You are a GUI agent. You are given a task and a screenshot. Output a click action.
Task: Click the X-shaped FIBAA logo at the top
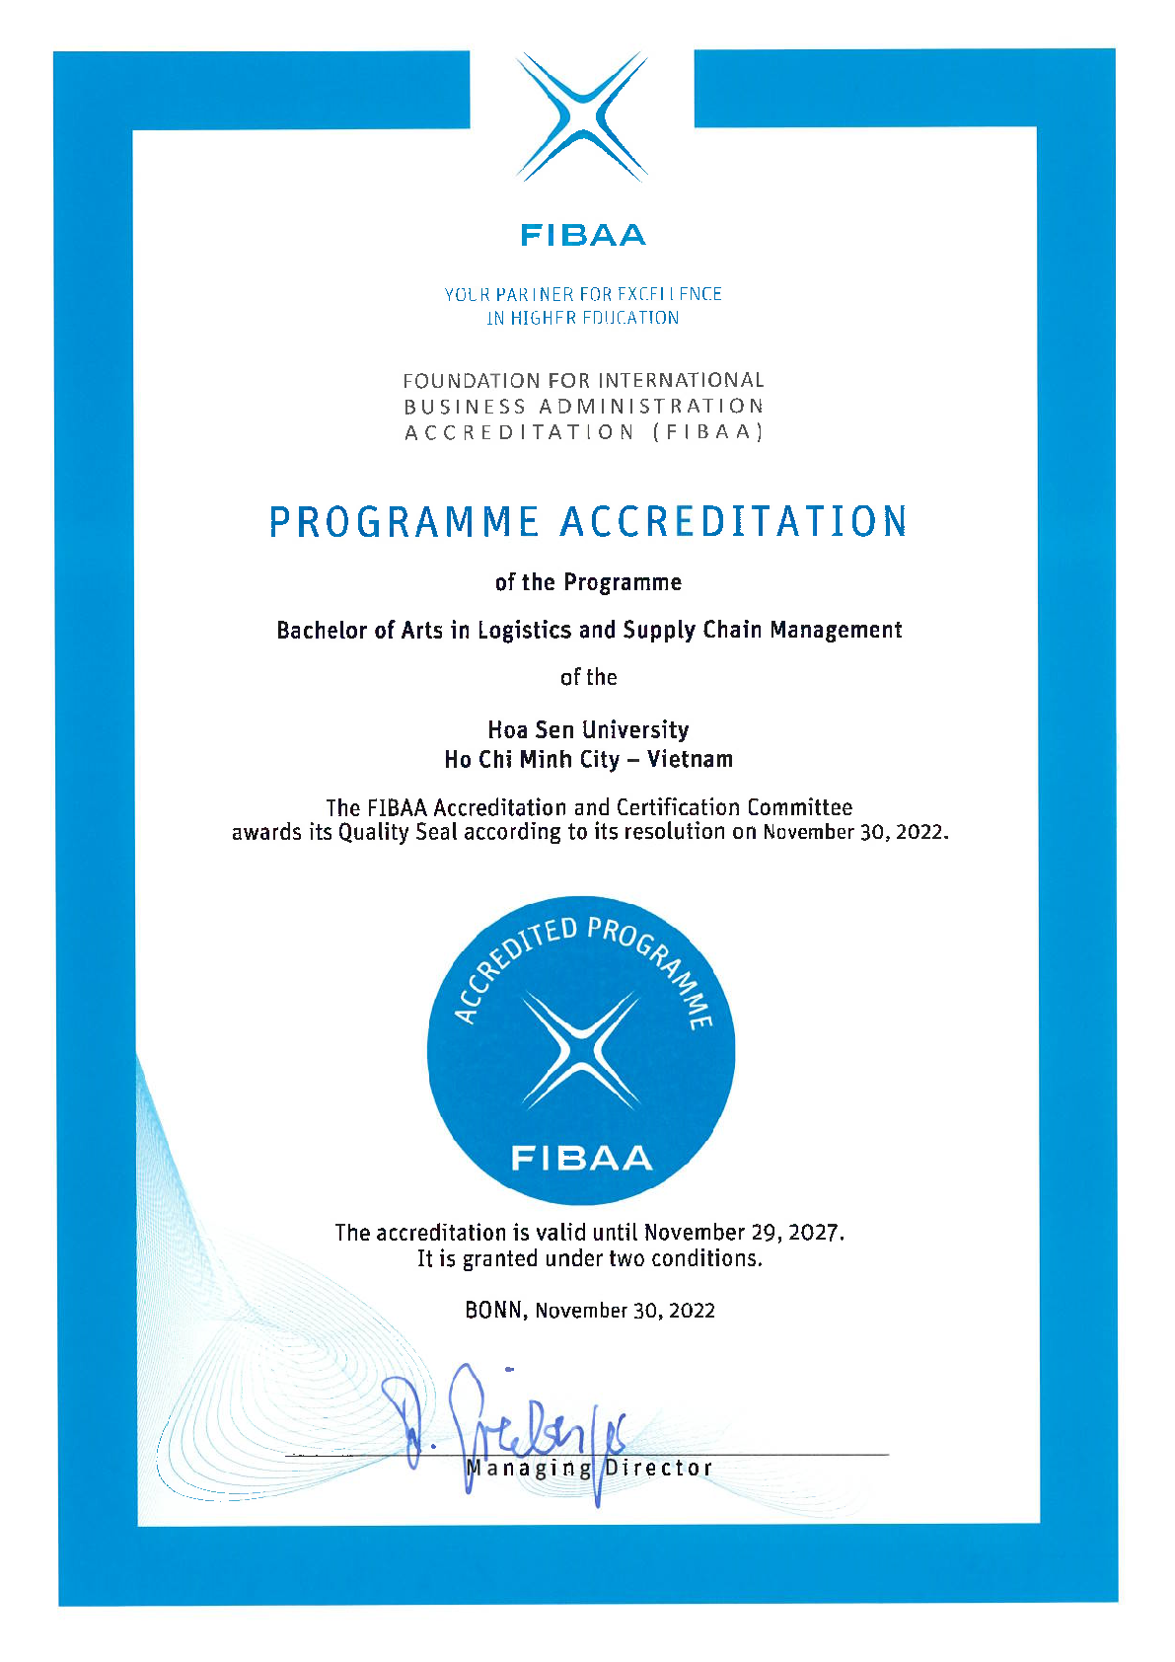pos(582,117)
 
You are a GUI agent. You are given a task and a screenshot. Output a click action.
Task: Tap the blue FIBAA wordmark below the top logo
pos(583,235)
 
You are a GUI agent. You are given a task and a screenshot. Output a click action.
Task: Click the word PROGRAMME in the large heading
pos(404,522)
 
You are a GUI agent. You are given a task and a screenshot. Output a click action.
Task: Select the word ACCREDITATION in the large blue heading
pos(735,522)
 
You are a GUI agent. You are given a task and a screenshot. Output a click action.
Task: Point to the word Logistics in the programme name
pos(524,630)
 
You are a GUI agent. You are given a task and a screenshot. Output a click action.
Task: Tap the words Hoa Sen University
pos(588,729)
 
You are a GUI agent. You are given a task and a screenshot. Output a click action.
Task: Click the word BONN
pos(497,1310)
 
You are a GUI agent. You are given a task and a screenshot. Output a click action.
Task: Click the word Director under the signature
pos(658,1468)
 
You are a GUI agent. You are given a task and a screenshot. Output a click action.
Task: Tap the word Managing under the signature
pos(529,1469)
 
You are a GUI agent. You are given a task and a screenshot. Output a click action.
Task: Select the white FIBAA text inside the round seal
pos(581,1157)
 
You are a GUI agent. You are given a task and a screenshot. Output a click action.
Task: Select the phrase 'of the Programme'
pos(588,582)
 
